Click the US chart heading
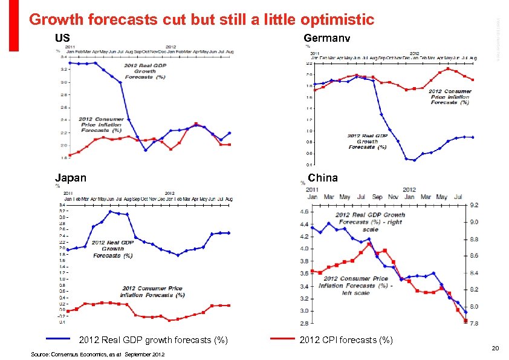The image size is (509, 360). (62, 38)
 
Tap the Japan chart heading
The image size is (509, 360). (70, 178)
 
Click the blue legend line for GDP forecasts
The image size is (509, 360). (62, 339)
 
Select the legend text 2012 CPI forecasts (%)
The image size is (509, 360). (346, 340)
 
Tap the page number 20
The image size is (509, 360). (494, 348)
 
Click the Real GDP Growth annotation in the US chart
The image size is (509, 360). (140, 71)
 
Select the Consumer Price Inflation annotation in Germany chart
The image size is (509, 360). (450, 97)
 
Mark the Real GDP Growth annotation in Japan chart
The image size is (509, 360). (113, 249)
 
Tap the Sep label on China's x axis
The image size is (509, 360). (377, 197)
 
